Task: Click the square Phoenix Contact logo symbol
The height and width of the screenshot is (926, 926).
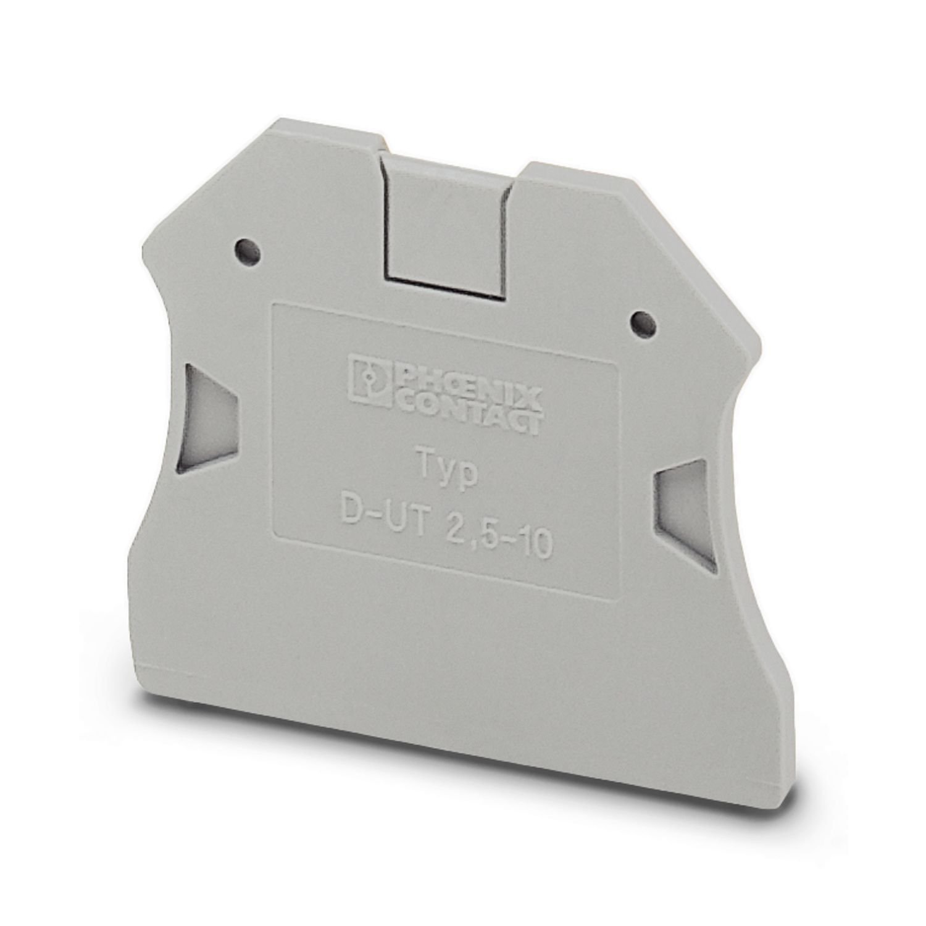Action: click(x=369, y=380)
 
